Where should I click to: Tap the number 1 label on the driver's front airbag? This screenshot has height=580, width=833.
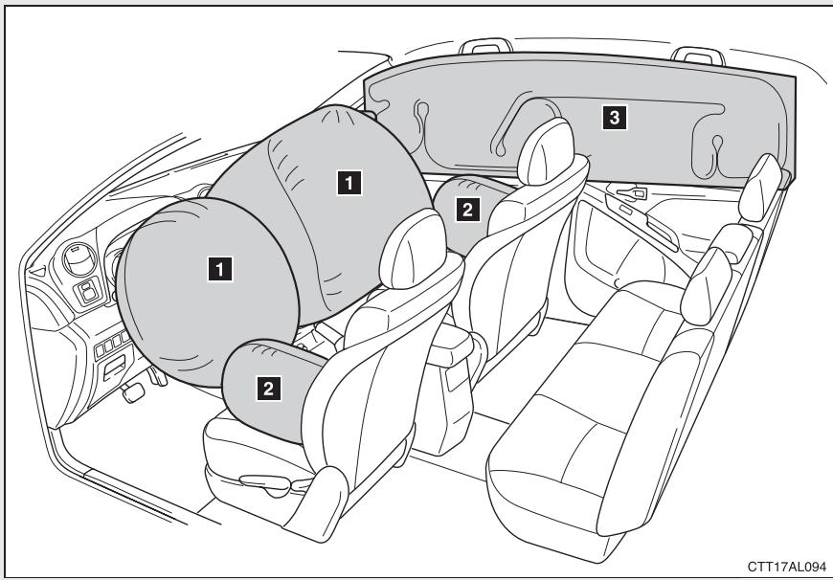[221, 271]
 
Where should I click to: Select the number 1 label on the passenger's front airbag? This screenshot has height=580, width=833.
[352, 179]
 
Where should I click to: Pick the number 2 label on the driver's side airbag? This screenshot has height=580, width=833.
[269, 387]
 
